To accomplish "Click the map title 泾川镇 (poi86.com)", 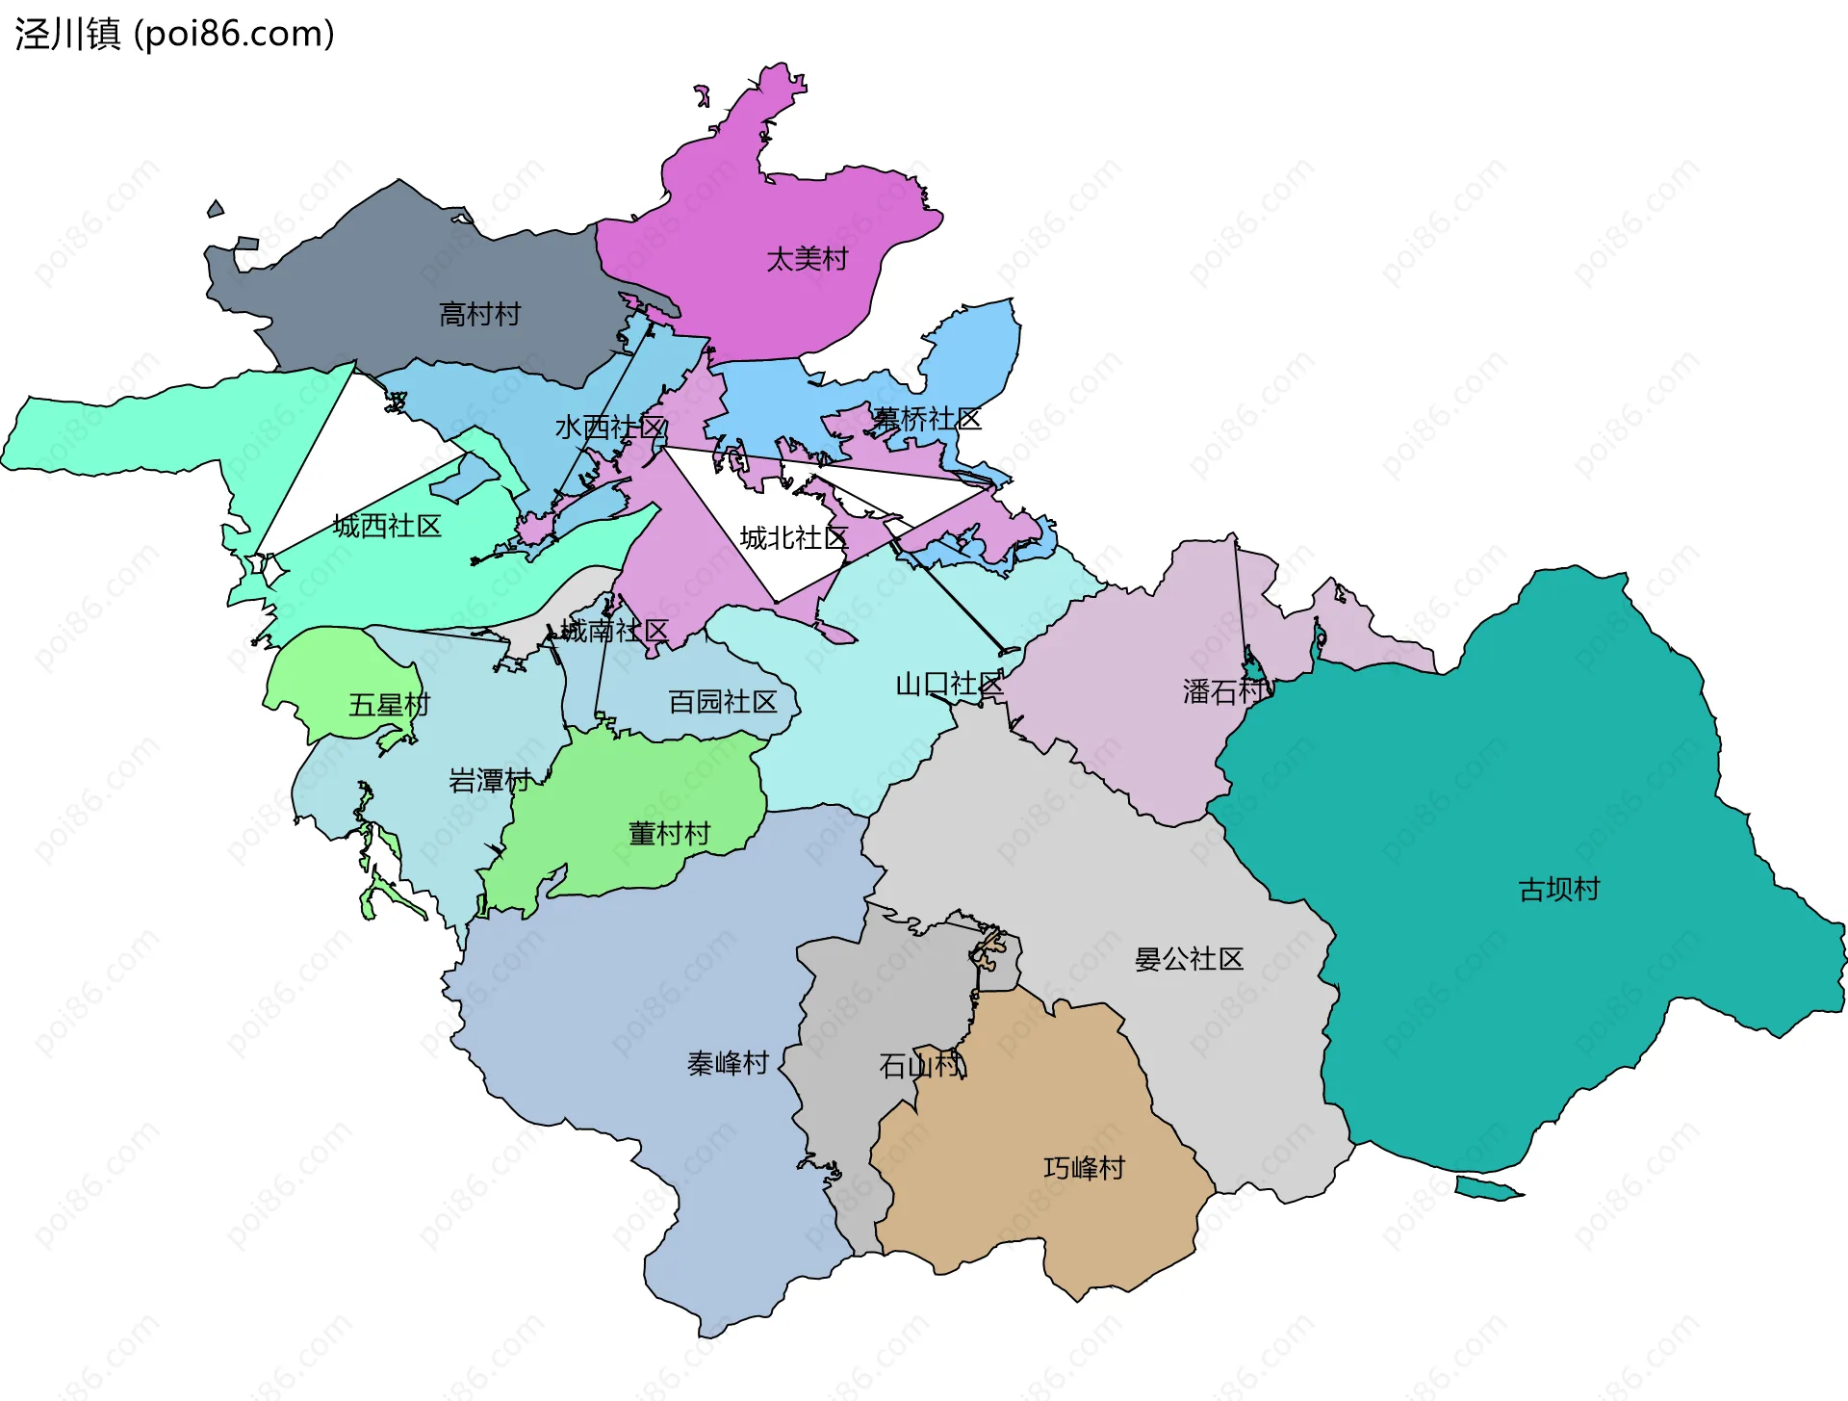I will click(x=174, y=35).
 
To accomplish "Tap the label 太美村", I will click(x=807, y=259).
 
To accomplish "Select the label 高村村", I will click(x=479, y=314).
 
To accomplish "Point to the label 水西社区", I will click(x=610, y=428).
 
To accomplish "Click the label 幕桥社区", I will click(x=927, y=419).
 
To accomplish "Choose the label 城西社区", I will click(x=387, y=526).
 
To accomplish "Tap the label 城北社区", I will click(x=794, y=538).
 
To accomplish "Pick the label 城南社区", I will click(x=614, y=631).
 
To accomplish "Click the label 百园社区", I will click(x=722, y=702).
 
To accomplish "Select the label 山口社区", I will click(x=949, y=685).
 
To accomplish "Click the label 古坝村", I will click(x=1559, y=890).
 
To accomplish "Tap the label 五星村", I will click(x=389, y=705).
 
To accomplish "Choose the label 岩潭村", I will click(x=490, y=780).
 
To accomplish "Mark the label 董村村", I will click(x=669, y=834).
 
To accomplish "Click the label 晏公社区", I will click(x=1189, y=959).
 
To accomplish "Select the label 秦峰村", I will click(x=728, y=1063).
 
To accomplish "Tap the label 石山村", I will click(x=920, y=1065).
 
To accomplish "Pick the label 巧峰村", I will click(x=1084, y=1168).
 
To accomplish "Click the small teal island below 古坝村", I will click(x=1487, y=1189).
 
